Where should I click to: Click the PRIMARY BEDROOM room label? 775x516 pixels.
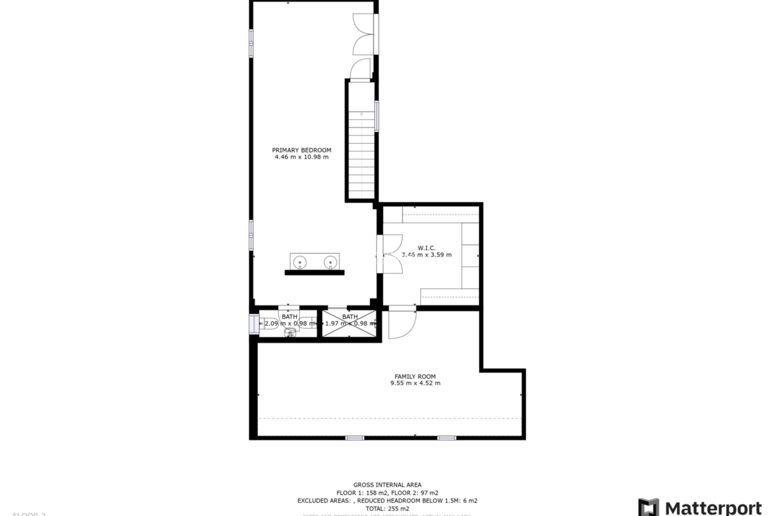coord(302,150)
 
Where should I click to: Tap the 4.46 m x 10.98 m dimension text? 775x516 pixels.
coord(302,157)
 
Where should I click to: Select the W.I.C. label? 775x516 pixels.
coord(426,248)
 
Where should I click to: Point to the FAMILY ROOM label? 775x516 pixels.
coord(415,377)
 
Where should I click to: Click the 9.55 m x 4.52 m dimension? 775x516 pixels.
coord(415,383)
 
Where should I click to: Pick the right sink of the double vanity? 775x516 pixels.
coord(330,262)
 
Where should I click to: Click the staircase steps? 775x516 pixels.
coord(361,157)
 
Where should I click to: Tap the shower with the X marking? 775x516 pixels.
coord(350,324)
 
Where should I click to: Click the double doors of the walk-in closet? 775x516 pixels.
coord(392,254)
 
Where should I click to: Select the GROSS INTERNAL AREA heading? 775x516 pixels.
coord(387,485)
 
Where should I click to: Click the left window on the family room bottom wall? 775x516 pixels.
coord(355,438)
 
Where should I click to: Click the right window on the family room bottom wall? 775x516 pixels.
coord(446,438)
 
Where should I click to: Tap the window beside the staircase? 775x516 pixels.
coord(377,116)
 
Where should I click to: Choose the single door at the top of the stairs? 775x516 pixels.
coord(360,71)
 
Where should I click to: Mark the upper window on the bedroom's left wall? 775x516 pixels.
coord(251,43)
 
